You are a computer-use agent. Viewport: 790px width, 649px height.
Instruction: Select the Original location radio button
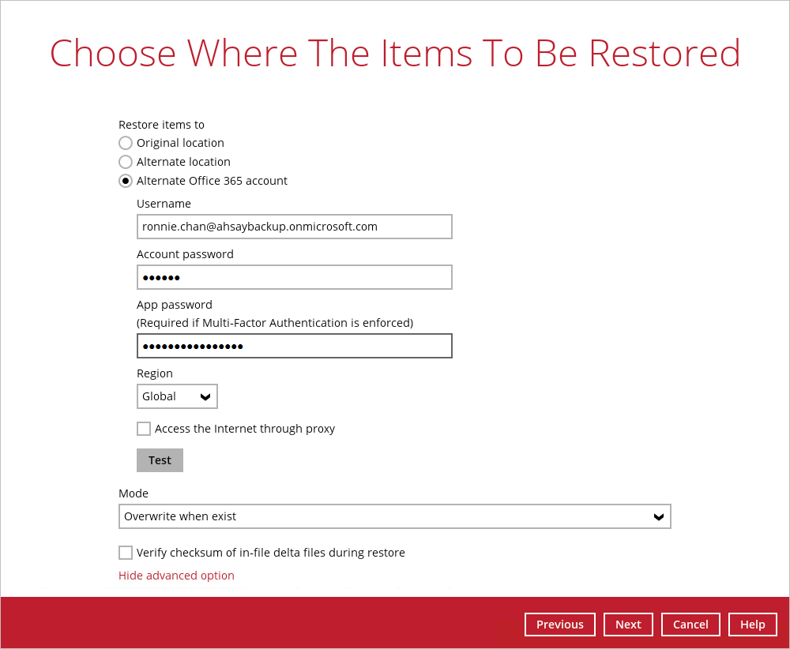click(126, 143)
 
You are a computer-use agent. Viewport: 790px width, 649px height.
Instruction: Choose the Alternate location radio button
click(126, 162)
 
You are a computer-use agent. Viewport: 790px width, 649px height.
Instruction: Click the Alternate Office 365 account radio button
click(126, 181)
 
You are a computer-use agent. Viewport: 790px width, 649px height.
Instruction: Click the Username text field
click(294, 227)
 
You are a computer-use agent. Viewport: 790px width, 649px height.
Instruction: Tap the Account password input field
click(294, 277)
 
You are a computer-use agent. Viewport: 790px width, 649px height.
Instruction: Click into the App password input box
click(294, 346)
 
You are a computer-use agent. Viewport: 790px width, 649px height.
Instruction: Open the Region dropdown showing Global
click(177, 396)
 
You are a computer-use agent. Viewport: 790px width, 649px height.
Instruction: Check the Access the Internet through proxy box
click(144, 429)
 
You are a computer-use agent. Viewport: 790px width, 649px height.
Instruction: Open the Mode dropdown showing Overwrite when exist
click(394, 516)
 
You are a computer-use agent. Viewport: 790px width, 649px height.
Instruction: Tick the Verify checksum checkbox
click(126, 553)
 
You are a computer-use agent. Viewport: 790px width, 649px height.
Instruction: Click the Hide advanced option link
click(176, 576)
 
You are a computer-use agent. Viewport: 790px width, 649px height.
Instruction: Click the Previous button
click(560, 625)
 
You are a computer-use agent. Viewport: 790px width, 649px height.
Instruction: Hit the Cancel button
click(690, 625)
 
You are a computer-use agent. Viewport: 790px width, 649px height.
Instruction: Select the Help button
click(752, 625)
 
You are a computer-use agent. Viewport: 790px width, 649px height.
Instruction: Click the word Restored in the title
click(664, 54)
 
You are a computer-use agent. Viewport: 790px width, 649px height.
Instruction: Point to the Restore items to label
click(161, 125)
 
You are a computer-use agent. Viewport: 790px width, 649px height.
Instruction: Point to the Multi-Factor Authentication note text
click(275, 323)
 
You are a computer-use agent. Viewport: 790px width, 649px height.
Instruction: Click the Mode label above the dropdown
click(133, 493)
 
